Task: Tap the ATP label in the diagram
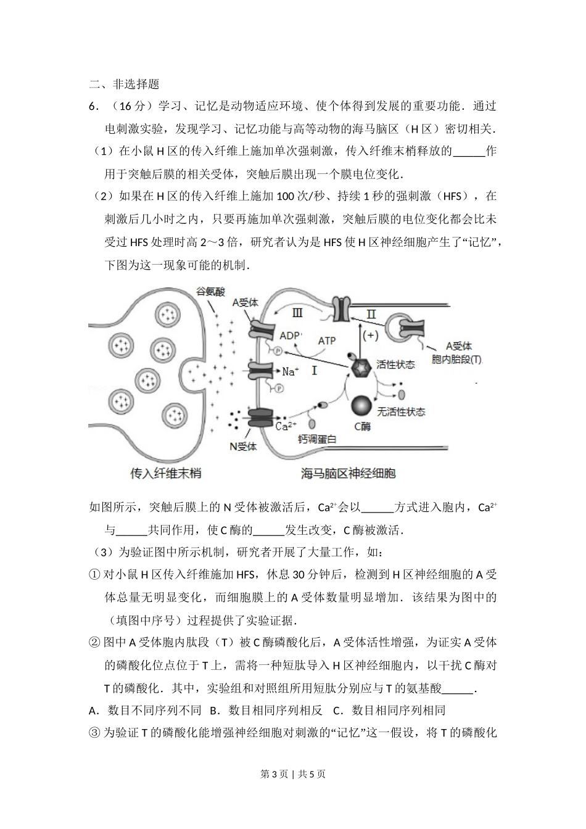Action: pyautogui.click(x=326, y=340)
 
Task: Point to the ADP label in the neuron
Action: pyautogui.click(x=291, y=336)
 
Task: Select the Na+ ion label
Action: pyautogui.click(x=291, y=371)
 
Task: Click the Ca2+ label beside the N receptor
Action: pyautogui.click(x=286, y=426)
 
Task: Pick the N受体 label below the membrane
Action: pyautogui.click(x=243, y=445)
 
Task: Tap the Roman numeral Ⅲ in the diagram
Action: pyautogui.click(x=297, y=313)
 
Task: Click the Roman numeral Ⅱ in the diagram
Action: pyautogui.click(x=371, y=314)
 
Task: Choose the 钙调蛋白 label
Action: pyautogui.click(x=317, y=440)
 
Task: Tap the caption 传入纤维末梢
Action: pyautogui.click(x=166, y=474)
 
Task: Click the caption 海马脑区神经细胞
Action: pyautogui.click(x=348, y=474)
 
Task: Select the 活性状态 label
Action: pyautogui.click(x=395, y=365)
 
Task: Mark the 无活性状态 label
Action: pyautogui.click(x=401, y=411)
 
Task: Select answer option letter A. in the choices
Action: pyautogui.click(x=94, y=710)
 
